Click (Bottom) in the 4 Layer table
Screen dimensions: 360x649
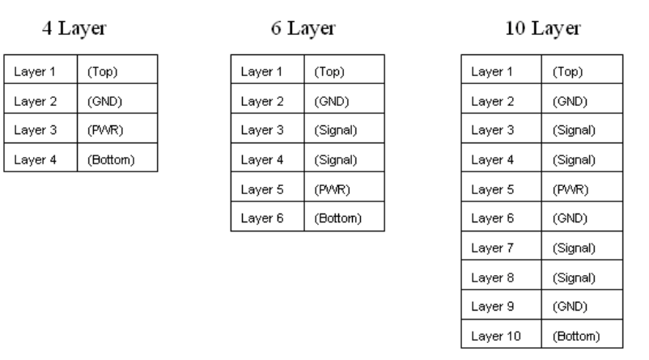pos(112,159)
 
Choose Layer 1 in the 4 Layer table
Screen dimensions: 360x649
pos(33,71)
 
